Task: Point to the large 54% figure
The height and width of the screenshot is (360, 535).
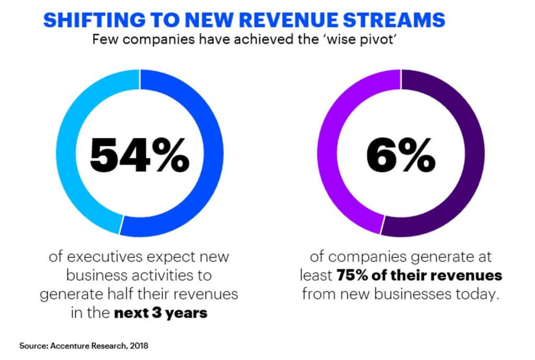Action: (139, 155)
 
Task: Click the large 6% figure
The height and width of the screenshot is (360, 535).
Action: (400, 155)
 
